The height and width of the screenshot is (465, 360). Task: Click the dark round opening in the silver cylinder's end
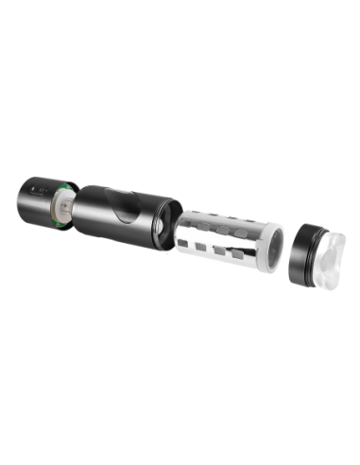tap(273, 249)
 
